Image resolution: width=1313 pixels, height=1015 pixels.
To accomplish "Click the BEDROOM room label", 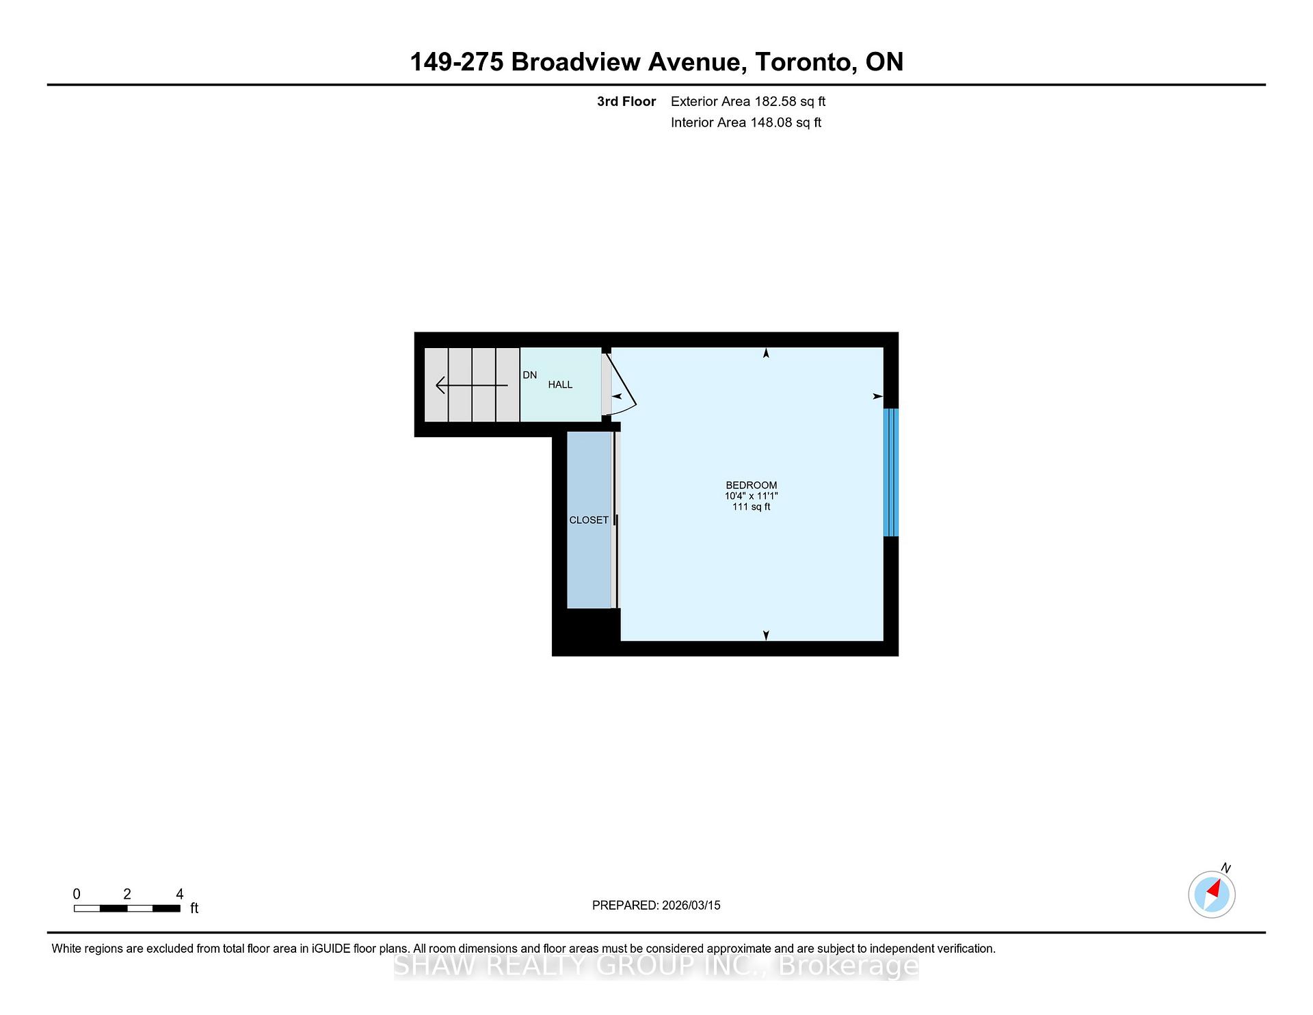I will (751, 485).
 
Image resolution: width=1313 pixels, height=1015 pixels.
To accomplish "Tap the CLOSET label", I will (589, 520).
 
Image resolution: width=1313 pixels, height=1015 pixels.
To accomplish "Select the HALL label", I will (560, 384).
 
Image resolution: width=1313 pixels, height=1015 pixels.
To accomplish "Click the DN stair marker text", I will (529, 375).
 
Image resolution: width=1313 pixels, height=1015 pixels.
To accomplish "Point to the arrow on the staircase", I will (471, 386).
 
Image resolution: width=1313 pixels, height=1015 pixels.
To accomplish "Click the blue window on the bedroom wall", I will (890, 473).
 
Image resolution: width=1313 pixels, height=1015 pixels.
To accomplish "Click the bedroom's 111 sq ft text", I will (751, 507).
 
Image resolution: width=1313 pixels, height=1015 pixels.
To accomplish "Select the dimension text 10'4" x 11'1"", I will (751, 496).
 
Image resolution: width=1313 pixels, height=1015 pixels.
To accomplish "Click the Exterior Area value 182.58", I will (775, 101).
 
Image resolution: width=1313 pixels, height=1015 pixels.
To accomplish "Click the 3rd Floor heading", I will (626, 101).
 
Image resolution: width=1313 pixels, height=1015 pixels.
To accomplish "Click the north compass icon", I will (1211, 894).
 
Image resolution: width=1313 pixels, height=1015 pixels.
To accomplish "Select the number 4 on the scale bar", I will (179, 894).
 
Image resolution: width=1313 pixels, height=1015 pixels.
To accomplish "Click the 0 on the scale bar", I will (77, 894).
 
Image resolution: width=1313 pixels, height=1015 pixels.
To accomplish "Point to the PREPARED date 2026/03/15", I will (691, 905).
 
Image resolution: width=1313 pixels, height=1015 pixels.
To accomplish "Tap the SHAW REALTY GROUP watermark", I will (656, 966).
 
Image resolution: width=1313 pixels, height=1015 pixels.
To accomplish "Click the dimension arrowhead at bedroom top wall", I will (766, 353).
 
